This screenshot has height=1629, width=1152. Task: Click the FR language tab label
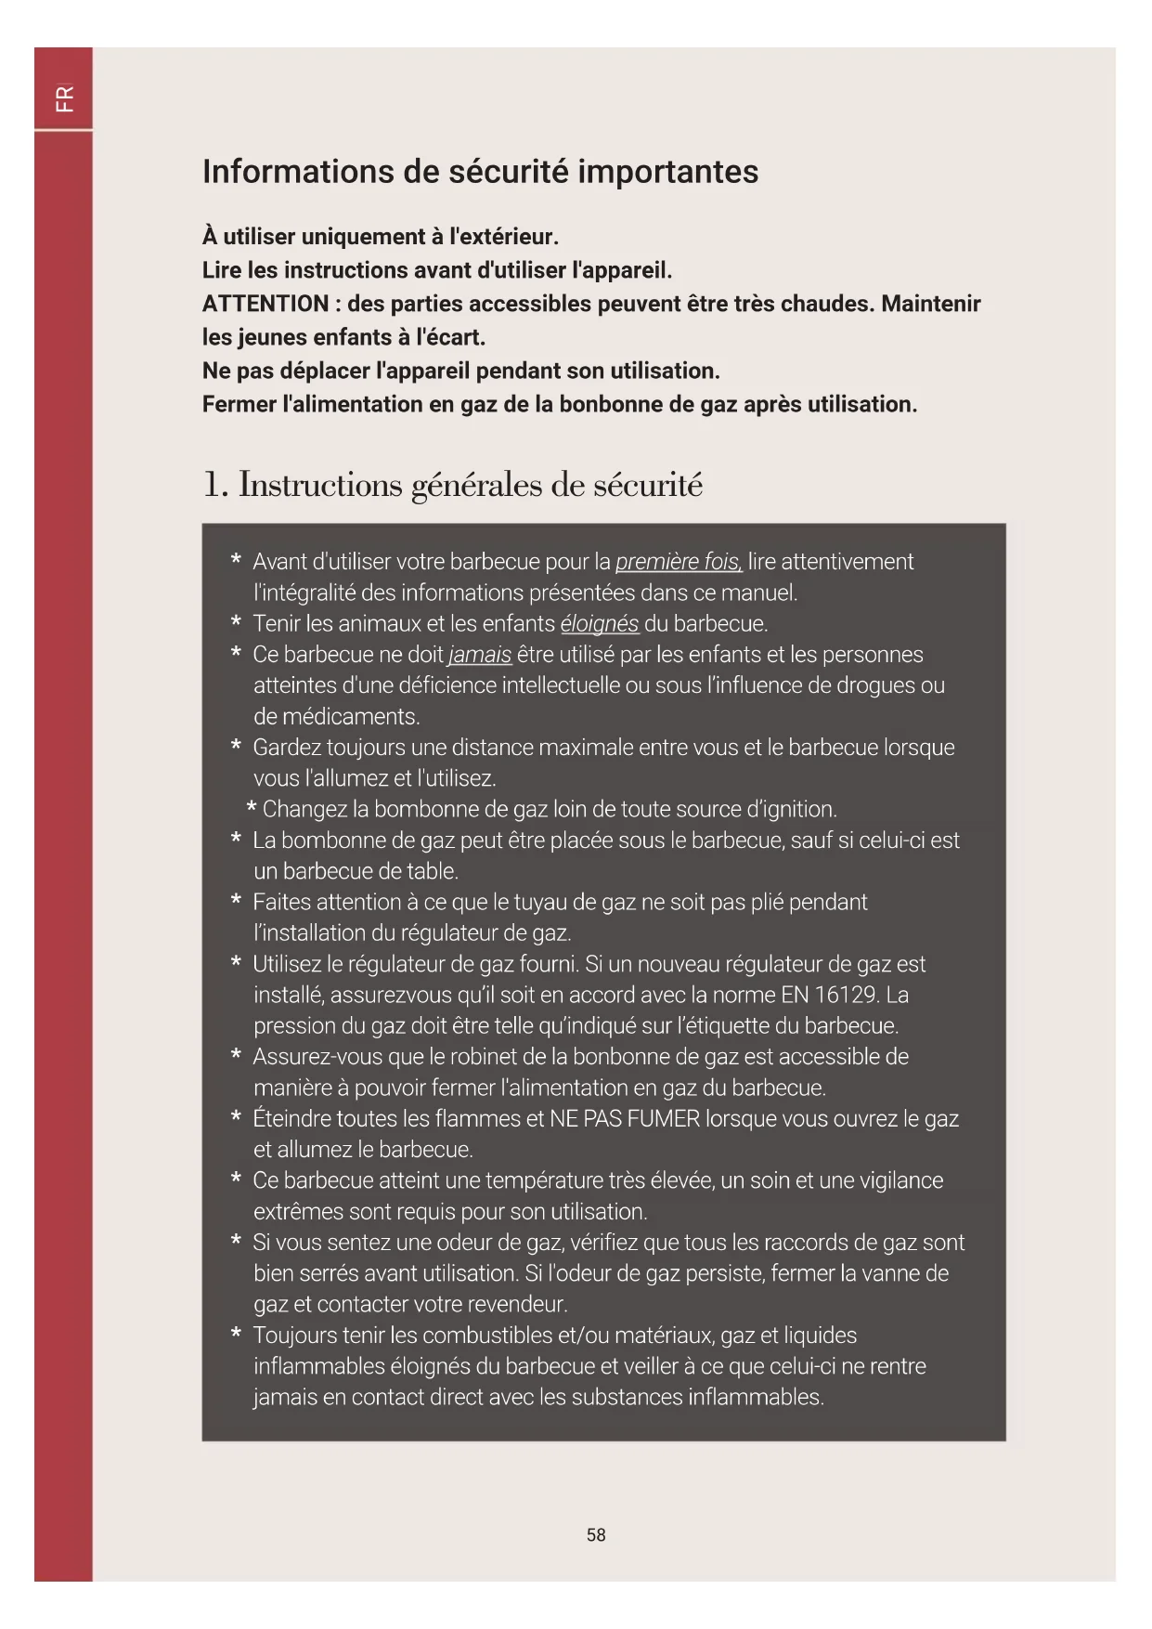coord(64,98)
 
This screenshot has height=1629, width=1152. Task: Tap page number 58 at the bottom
coord(596,1535)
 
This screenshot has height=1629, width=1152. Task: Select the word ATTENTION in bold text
coord(265,304)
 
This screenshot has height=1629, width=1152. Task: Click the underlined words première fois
coord(679,562)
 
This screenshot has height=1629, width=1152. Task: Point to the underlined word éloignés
coord(600,624)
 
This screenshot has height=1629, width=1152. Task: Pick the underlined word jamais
coord(480,655)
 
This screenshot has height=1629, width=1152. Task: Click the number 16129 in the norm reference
coord(846,995)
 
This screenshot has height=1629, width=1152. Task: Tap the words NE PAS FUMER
coord(625,1118)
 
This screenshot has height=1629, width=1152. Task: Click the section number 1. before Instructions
coord(214,485)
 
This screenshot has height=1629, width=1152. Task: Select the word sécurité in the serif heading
coord(648,485)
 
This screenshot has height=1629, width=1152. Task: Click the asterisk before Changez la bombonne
coord(252,810)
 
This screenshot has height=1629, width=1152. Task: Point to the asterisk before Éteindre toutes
coord(237,1117)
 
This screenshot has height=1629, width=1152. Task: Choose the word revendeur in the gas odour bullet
coord(518,1304)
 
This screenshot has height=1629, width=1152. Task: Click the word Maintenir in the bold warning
coord(931,304)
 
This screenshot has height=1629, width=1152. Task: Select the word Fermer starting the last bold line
coord(239,404)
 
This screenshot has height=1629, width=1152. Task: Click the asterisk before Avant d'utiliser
coord(237,561)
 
